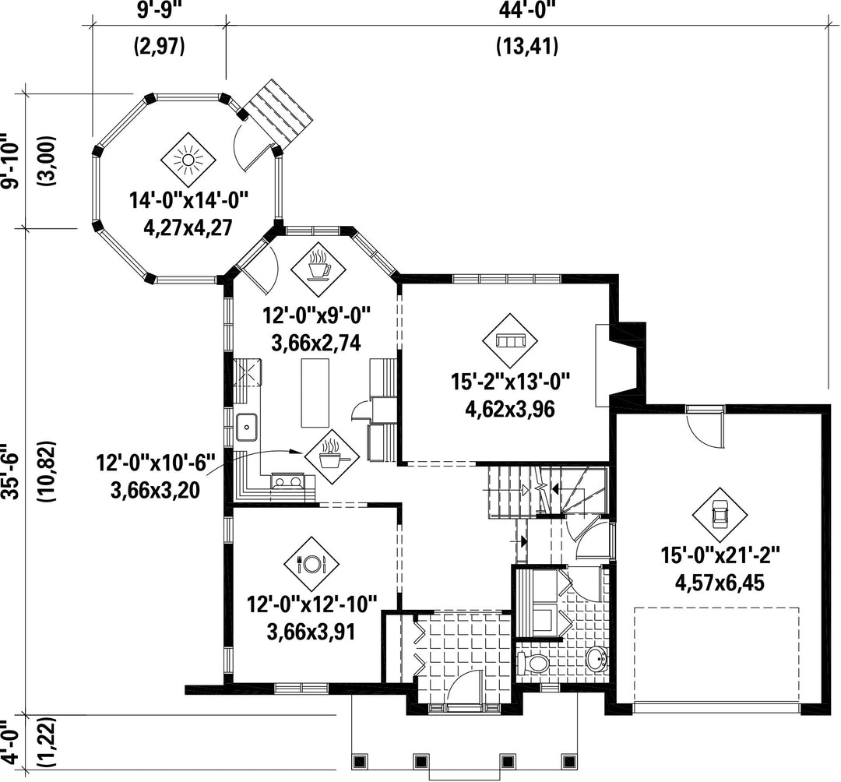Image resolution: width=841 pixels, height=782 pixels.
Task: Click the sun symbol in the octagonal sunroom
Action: pos(188,160)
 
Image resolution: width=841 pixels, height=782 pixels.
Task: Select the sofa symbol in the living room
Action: pos(509,340)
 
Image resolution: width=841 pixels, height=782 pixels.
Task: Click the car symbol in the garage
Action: pos(719,514)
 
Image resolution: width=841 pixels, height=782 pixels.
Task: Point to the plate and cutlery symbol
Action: pos(311,563)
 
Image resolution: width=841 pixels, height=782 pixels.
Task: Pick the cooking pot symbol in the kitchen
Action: pos(332,457)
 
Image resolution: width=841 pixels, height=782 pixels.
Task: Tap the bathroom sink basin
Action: pos(596,658)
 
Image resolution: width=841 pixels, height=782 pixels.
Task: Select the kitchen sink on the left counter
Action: pos(247,428)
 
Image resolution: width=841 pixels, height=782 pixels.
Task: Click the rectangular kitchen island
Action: pos(315,393)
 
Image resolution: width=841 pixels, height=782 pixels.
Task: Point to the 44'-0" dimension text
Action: pos(527,9)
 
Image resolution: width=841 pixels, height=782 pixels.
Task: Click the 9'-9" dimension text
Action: pos(159,9)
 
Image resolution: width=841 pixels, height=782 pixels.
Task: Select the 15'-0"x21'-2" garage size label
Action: pos(720,555)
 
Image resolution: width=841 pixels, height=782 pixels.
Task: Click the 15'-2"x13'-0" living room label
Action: pos(509,383)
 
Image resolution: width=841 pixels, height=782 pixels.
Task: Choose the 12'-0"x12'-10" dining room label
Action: pos(311,605)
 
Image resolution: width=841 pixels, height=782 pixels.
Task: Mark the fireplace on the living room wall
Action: pos(622,364)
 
